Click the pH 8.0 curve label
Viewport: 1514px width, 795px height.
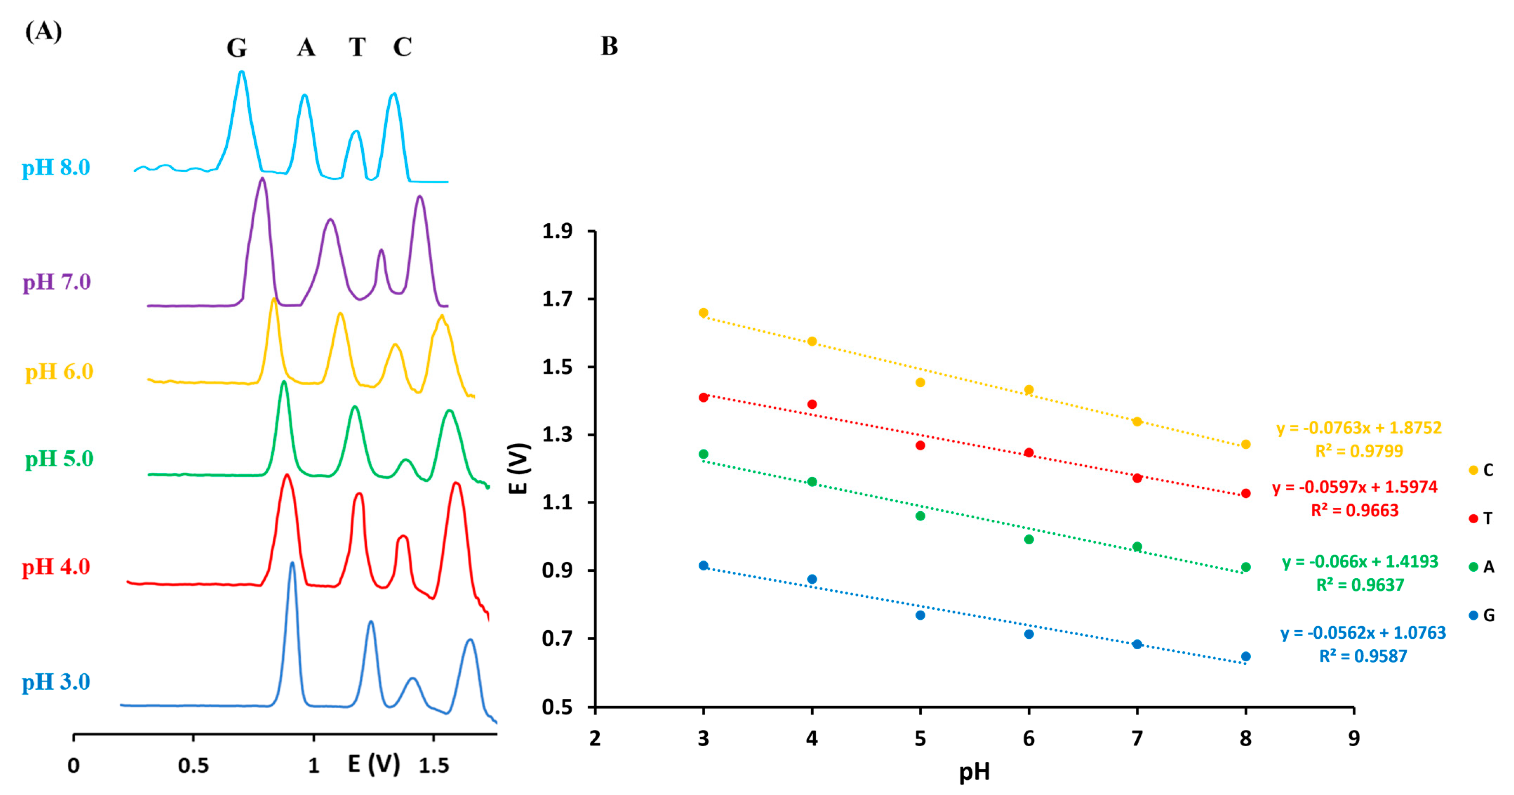pyautogui.click(x=56, y=167)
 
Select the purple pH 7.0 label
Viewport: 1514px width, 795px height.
pyautogui.click(x=56, y=282)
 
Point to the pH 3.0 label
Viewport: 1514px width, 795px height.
pyautogui.click(x=56, y=682)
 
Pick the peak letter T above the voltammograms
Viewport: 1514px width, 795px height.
pyautogui.click(x=357, y=47)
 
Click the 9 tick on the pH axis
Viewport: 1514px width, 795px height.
pyautogui.click(x=1354, y=738)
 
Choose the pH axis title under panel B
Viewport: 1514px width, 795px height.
pyautogui.click(x=974, y=772)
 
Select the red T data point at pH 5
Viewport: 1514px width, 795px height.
pyautogui.click(x=920, y=446)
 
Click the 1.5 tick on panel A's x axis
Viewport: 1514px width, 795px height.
pyautogui.click(x=434, y=766)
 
